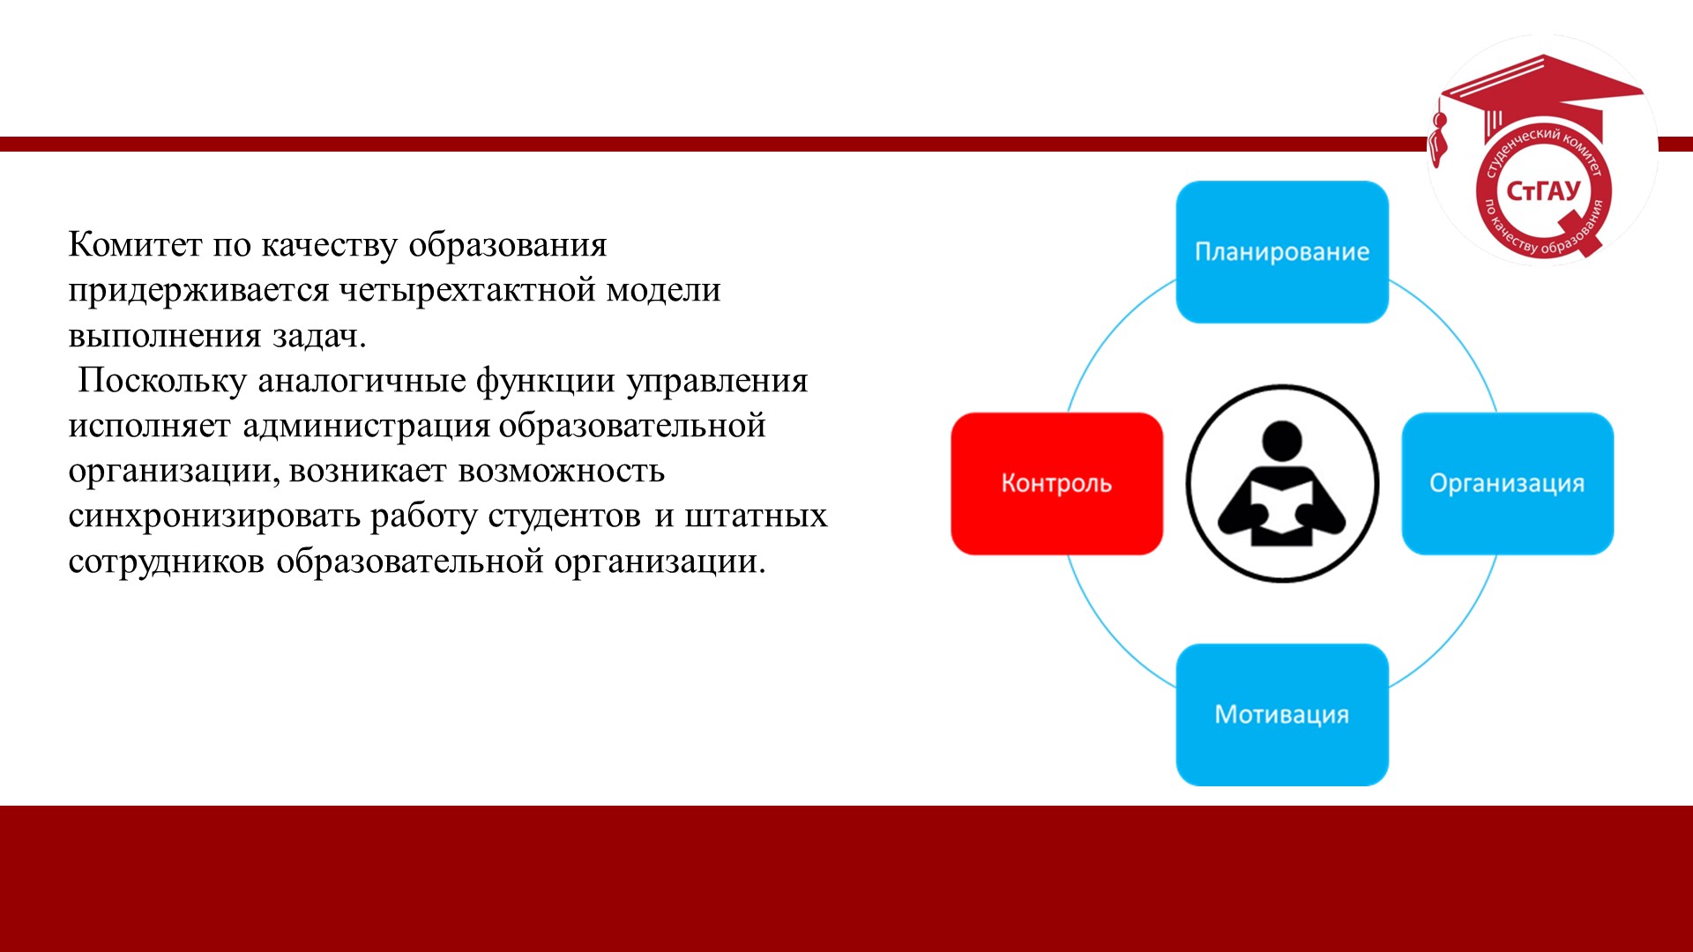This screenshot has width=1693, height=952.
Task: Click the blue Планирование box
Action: click(x=1282, y=252)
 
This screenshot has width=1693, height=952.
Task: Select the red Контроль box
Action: click(x=1056, y=483)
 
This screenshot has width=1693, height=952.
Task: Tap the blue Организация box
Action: click(x=1508, y=483)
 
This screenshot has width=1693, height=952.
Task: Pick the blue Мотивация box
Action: click(x=1282, y=715)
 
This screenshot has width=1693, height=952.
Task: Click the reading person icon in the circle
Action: click(x=1282, y=483)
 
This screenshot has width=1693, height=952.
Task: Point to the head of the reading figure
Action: click(x=1282, y=441)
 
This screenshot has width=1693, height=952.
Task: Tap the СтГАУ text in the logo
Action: click(x=1543, y=190)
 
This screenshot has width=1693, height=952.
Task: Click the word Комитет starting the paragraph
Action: click(x=135, y=244)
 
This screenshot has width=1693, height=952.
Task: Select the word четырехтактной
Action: click(x=467, y=290)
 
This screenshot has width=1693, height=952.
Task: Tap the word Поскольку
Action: click(x=162, y=381)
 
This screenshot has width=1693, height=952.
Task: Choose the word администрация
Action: click(x=366, y=427)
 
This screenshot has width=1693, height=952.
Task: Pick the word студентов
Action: click(x=564, y=517)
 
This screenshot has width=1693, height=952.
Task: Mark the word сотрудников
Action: click(x=167, y=562)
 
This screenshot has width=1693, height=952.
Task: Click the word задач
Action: click(x=319, y=336)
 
